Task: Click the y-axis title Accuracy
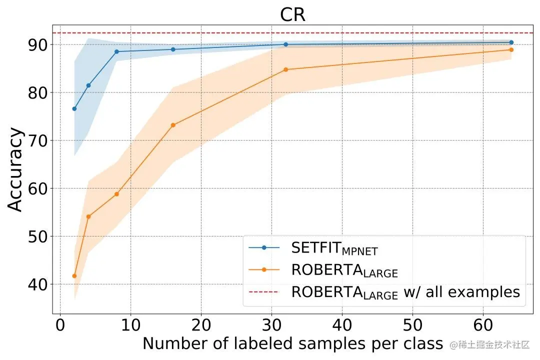click(16, 170)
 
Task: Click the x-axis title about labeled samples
click(292, 343)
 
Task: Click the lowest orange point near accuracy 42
click(74, 276)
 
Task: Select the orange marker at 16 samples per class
click(173, 125)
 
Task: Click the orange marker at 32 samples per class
click(285, 69)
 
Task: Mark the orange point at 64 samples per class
click(511, 49)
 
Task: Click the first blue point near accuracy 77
click(74, 108)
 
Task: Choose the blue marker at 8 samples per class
click(116, 51)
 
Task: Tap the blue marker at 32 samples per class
click(285, 44)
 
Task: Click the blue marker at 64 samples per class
click(511, 42)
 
